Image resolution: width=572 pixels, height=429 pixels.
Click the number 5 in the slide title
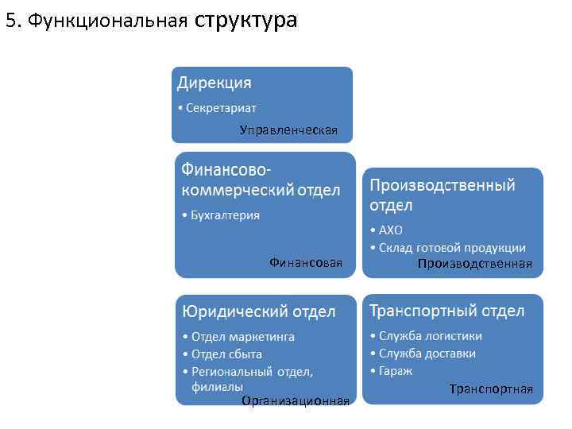tap(10, 21)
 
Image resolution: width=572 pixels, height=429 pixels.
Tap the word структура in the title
tap(245, 20)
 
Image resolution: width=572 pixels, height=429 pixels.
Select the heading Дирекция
tap(214, 83)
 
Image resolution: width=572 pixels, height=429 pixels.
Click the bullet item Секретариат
tap(221, 107)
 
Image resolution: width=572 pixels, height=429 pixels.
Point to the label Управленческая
tap(288, 129)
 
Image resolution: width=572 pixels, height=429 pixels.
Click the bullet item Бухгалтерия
tap(225, 214)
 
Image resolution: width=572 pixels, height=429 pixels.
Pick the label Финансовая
tap(306, 262)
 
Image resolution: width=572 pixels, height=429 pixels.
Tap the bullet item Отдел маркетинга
tap(242, 336)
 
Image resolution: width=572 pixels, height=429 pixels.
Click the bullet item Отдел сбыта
tap(226, 354)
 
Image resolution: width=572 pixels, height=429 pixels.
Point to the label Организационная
tap(296, 400)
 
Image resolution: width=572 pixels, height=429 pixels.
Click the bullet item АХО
tap(391, 230)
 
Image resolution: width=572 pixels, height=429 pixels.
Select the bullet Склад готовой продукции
tap(452, 247)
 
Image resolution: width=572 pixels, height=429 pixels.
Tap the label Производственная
tap(475, 264)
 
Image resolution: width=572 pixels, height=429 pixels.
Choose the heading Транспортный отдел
tap(447, 310)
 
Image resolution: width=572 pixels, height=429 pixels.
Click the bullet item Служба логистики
tap(430, 335)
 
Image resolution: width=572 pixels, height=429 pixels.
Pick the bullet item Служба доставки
tap(427, 353)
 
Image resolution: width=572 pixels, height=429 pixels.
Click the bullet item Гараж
tap(396, 370)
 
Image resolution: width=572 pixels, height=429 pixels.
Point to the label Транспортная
tap(491, 389)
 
